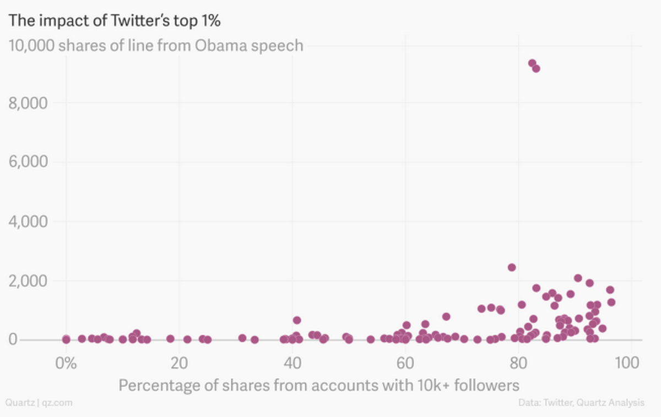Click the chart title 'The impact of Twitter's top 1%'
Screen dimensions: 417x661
115,20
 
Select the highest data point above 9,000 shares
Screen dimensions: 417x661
532,63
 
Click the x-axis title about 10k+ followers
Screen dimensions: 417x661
319,385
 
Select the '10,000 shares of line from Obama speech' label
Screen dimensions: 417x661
156,45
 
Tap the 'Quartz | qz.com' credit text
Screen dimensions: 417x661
39,403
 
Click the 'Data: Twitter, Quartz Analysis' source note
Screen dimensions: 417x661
581,403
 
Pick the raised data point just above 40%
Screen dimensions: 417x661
297,320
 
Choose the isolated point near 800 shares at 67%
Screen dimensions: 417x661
446,316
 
